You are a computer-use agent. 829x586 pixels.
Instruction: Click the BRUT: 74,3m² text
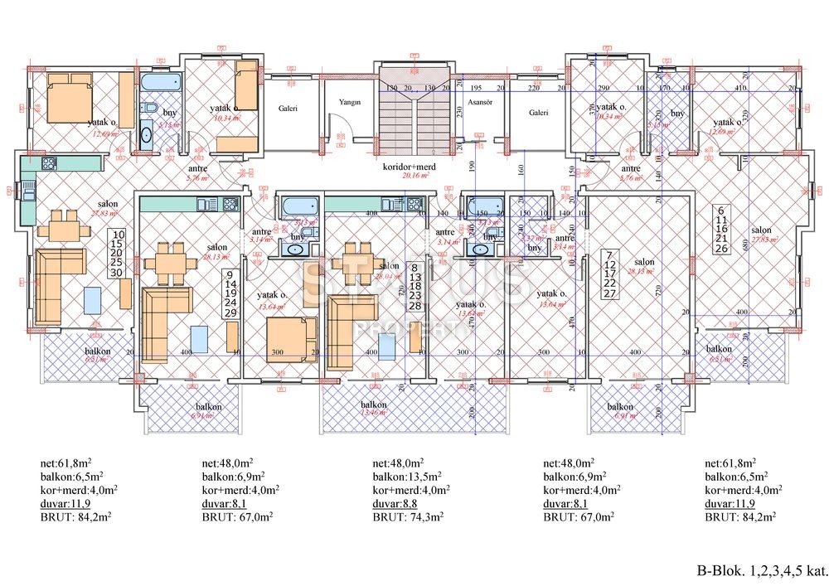tap(407, 516)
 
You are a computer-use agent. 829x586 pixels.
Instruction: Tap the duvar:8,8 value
tap(395, 502)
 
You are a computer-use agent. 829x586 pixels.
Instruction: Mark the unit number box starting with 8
tap(415, 286)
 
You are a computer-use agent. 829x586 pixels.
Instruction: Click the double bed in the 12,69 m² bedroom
tap(69, 96)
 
